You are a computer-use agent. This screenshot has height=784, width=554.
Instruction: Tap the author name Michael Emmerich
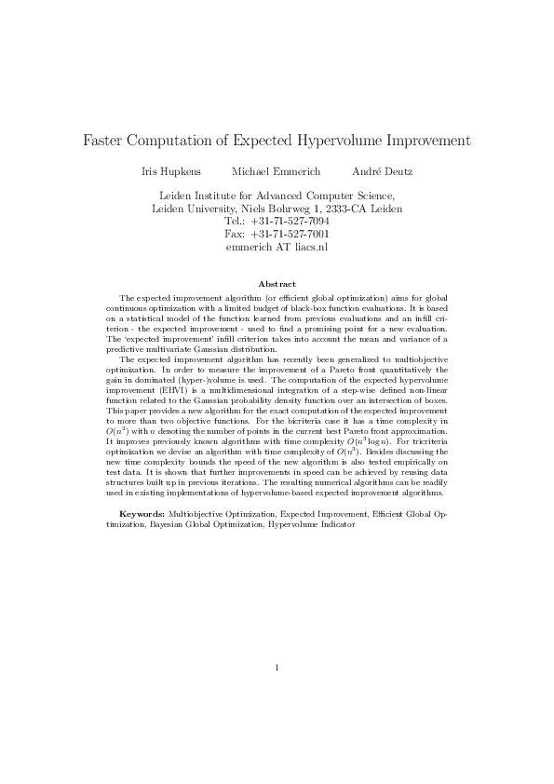276,172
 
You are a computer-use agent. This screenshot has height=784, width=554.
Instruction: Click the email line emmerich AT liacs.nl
277,248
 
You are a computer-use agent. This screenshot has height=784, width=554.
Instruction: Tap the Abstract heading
277,283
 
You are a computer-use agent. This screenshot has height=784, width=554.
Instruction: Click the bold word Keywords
143,514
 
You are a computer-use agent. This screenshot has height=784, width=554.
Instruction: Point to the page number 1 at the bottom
277,667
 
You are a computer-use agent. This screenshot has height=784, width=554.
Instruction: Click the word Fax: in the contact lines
236,235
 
